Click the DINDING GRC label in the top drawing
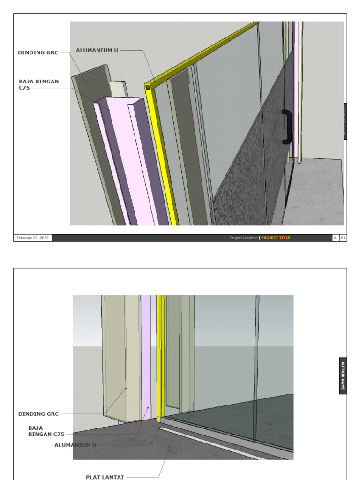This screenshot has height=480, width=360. pyautogui.click(x=38, y=53)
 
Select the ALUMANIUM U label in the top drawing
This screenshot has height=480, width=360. pyautogui.click(x=97, y=50)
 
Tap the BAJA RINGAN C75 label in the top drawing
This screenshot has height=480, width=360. pyautogui.click(x=39, y=84)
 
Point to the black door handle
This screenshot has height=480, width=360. pyautogui.click(x=287, y=127)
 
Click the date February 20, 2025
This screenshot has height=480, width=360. pyautogui.click(x=33, y=238)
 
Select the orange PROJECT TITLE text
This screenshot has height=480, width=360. pyautogui.click(x=276, y=238)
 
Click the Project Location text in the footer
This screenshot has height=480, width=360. pyautogui.click(x=244, y=238)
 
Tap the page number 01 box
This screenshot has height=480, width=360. pyautogui.click(x=343, y=238)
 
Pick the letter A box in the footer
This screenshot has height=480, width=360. pyautogui.click(x=336, y=238)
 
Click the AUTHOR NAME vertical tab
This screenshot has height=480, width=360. pyautogui.click(x=343, y=376)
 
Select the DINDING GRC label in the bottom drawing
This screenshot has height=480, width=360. pyautogui.click(x=38, y=414)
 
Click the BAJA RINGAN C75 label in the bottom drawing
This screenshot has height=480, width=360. pyautogui.click(x=46, y=431)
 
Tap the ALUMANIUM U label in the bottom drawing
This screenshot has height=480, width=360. pyautogui.click(x=75, y=445)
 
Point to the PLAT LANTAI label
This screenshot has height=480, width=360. pyautogui.click(x=105, y=477)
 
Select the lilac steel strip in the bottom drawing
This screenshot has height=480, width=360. pyautogui.click(x=146, y=356)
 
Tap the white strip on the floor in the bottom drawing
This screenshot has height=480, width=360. pyautogui.click(x=211, y=442)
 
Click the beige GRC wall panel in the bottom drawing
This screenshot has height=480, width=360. pyautogui.click(x=115, y=356)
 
